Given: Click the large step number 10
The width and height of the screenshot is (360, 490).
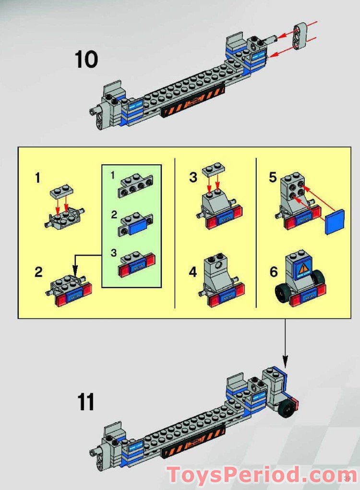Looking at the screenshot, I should coord(86,60).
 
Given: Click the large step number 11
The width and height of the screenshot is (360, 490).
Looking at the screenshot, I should coord(85,402).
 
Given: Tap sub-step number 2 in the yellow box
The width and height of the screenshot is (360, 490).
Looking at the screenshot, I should coord(38,272).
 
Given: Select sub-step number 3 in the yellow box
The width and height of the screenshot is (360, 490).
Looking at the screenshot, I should coord(193,177).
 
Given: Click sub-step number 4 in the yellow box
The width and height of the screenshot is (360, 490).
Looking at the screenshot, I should coord(193,272).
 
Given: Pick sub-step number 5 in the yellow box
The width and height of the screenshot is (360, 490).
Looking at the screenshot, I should coord(273,177).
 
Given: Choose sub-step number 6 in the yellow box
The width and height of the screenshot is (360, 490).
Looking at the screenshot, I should coord(273,272).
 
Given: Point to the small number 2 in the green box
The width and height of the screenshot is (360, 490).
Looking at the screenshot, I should coord(113,215).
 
